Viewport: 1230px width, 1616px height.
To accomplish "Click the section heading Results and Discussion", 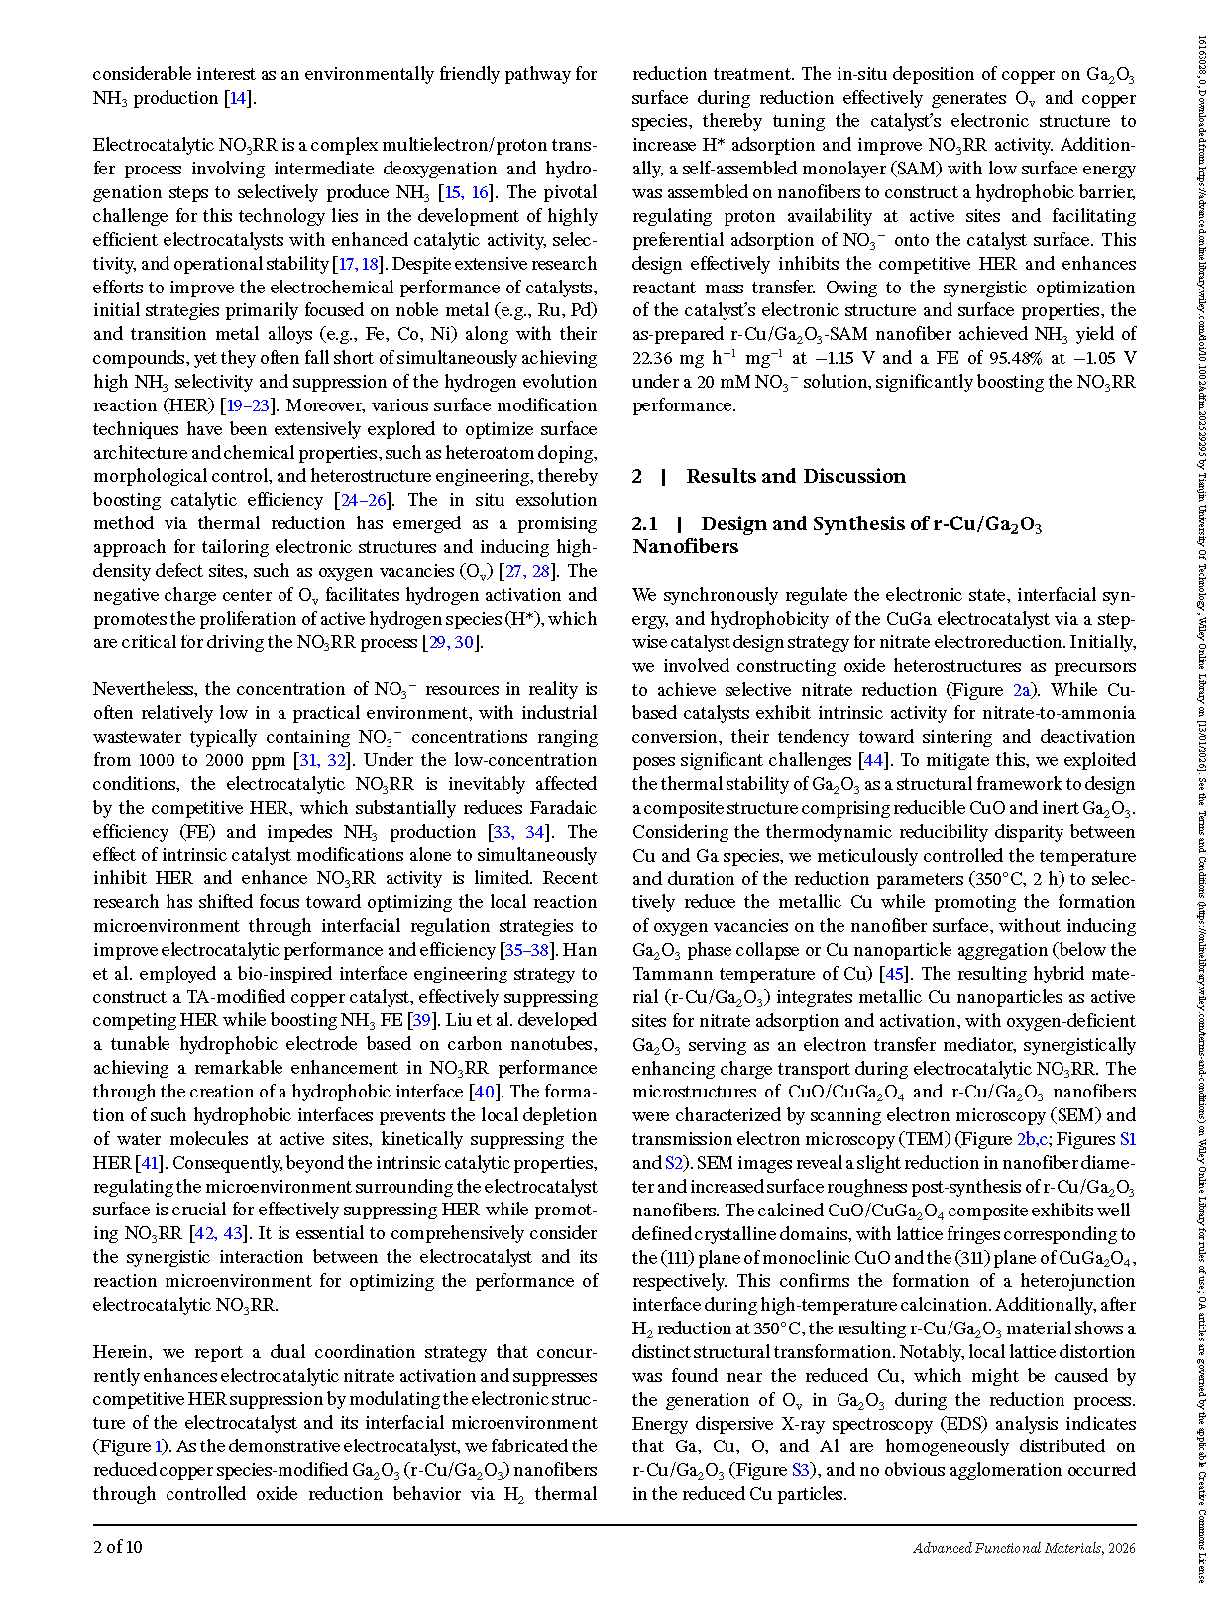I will coord(795,476).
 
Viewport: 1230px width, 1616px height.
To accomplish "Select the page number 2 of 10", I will coord(118,1547).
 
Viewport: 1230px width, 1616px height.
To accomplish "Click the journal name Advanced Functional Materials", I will coord(1007,1548).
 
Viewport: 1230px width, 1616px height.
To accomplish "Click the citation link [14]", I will coord(238,98).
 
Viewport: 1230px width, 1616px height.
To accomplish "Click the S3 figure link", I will coord(801,1470).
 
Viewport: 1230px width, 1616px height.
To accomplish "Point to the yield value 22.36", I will coord(654,358).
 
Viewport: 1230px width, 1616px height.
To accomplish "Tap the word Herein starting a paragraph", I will coord(123,1352).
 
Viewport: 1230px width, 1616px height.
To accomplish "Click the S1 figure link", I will coord(1127,1139).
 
